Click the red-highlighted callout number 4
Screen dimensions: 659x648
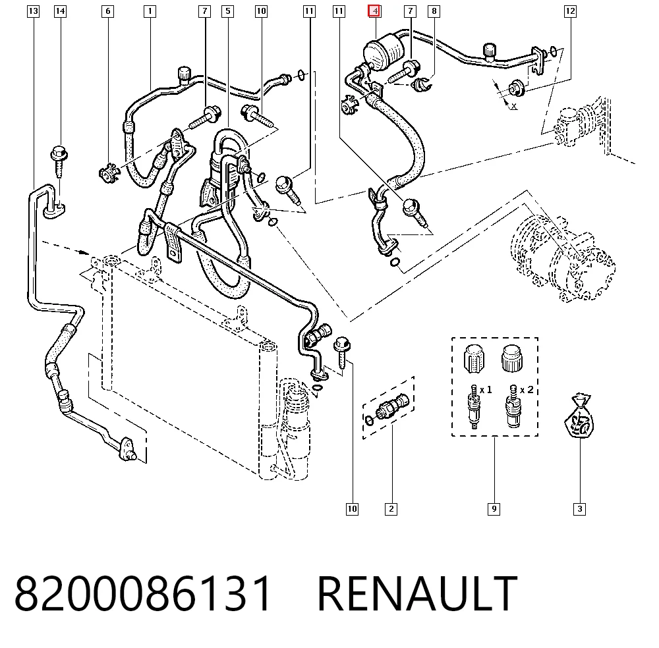374,11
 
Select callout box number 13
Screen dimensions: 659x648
33,11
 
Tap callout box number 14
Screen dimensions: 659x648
60,11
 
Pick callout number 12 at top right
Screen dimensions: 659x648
570,11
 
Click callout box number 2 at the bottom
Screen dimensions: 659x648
391,509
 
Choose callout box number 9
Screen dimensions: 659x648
494,509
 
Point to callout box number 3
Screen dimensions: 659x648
579,509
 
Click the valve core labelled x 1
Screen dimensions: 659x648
474,406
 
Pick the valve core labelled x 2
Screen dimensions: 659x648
513,406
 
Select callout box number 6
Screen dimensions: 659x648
107,11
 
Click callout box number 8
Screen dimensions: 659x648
434,11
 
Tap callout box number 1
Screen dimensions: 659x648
150,11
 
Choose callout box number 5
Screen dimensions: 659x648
228,11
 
